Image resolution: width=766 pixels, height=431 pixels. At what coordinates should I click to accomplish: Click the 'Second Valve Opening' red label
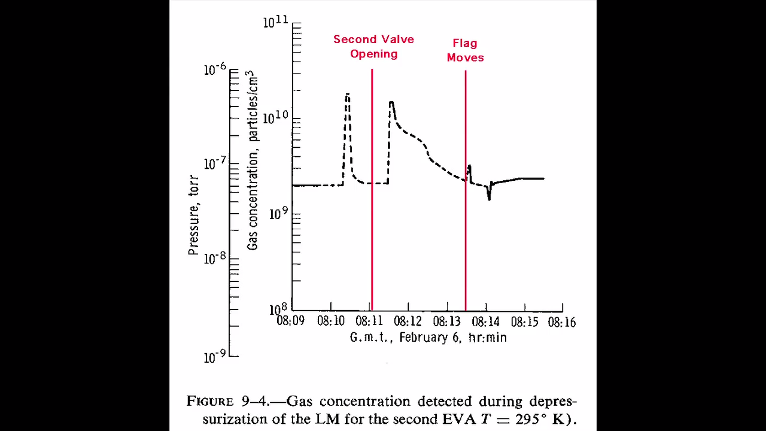tap(373, 47)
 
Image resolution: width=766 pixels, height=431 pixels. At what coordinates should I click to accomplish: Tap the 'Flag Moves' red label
tap(465, 50)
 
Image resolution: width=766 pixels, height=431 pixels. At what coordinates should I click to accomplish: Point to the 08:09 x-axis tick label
tap(290, 321)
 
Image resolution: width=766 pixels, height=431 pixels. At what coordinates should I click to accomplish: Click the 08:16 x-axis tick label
tap(561, 322)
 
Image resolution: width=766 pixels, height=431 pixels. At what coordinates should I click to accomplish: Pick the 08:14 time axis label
tap(487, 321)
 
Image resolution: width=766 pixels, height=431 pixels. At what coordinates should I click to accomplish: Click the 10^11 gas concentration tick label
tap(276, 23)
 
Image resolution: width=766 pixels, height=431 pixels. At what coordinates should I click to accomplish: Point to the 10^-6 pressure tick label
tap(215, 70)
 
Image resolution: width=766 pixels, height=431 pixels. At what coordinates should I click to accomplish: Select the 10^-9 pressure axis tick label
tap(215, 357)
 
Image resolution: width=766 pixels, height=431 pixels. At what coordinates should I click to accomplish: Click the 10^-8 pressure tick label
tap(215, 259)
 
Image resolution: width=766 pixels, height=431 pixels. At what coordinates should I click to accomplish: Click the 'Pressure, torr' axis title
tap(193, 214)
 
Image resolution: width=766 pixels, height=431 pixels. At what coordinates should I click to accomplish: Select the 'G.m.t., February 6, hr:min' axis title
tap(428, 338)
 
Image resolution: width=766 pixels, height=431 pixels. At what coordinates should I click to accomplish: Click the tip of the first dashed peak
tap(347, 94)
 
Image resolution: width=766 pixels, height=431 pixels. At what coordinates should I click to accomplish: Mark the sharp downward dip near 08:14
tap(489, 198)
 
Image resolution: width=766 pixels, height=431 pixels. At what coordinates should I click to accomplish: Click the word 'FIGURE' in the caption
tap(208, 401)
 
